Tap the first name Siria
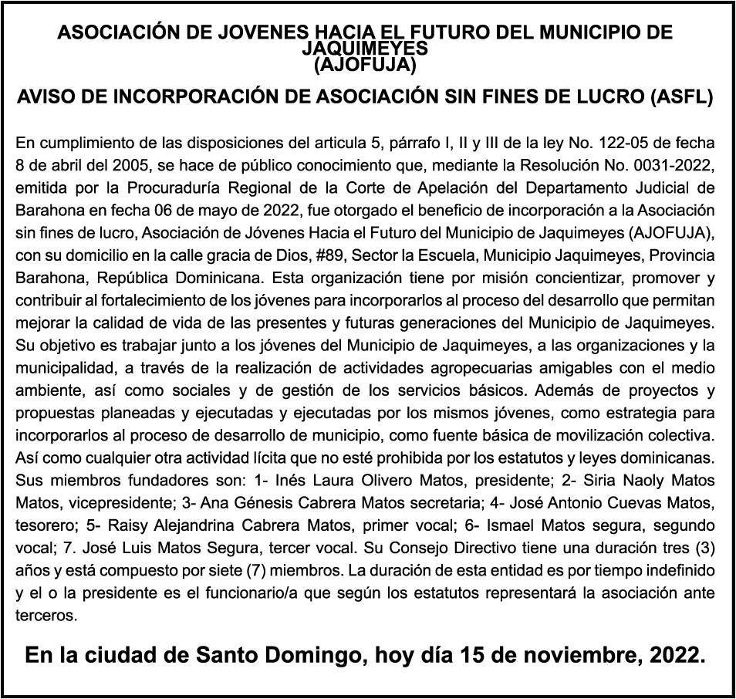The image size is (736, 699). tap(604, 480)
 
